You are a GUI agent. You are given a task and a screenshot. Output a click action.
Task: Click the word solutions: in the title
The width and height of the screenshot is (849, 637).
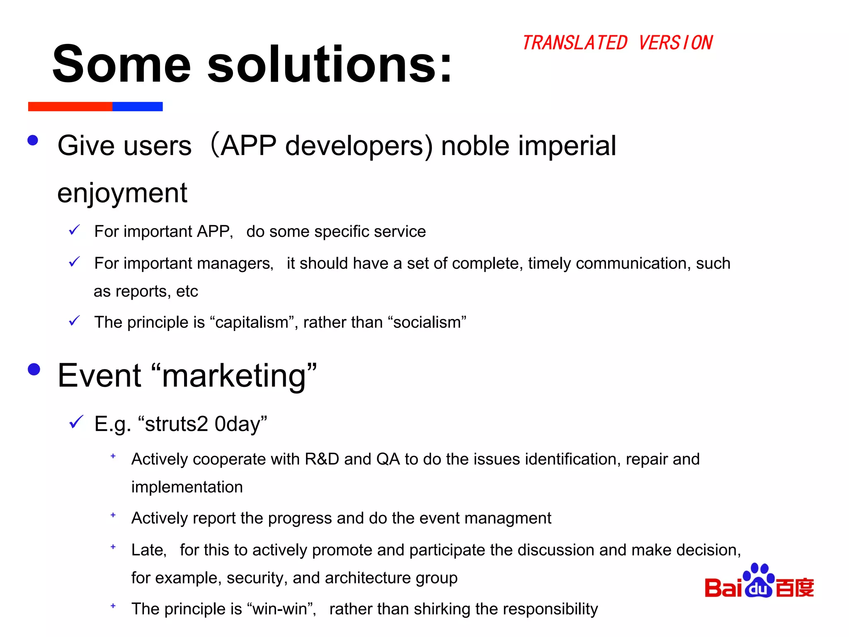coord(330,64)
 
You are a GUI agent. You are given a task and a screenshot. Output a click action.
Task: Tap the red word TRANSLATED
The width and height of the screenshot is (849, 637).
coord(575,43)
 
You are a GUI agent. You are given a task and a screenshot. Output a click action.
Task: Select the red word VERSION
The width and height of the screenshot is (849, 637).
coord(675,43)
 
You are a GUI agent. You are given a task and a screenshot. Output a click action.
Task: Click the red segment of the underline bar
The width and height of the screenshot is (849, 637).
coord(70,107)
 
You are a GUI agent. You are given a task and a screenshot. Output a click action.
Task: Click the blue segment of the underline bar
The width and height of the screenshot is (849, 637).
coord(137,107)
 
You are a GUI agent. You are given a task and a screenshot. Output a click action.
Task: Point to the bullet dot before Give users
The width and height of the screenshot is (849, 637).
coord(33,140)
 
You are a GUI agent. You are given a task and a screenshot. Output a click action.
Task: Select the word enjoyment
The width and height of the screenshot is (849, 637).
coord(122,193)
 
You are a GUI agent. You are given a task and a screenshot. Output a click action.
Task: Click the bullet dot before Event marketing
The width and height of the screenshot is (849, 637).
coord(34,369)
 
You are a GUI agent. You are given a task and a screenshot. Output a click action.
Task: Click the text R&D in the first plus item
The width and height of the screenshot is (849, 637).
coord(322,459)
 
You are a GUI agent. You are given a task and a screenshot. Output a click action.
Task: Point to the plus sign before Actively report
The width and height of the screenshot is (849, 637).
coord(113,515)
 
